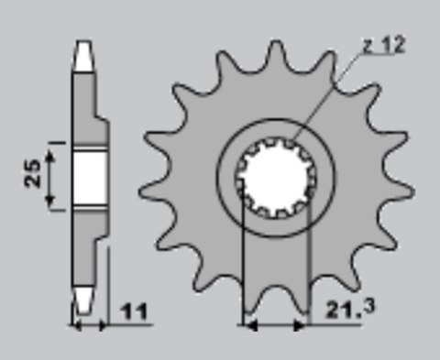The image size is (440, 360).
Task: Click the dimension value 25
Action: [32, 173]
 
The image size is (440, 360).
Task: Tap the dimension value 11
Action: [134, 311]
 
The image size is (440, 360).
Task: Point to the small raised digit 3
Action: [368, 307]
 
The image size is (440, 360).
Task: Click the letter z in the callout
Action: [368, 47]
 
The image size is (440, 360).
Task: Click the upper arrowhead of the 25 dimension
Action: [49, 157]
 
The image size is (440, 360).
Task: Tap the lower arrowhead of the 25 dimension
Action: [49, 201]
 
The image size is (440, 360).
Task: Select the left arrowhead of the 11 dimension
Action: [76, 326]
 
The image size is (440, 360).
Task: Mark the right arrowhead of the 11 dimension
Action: [104, 326]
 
